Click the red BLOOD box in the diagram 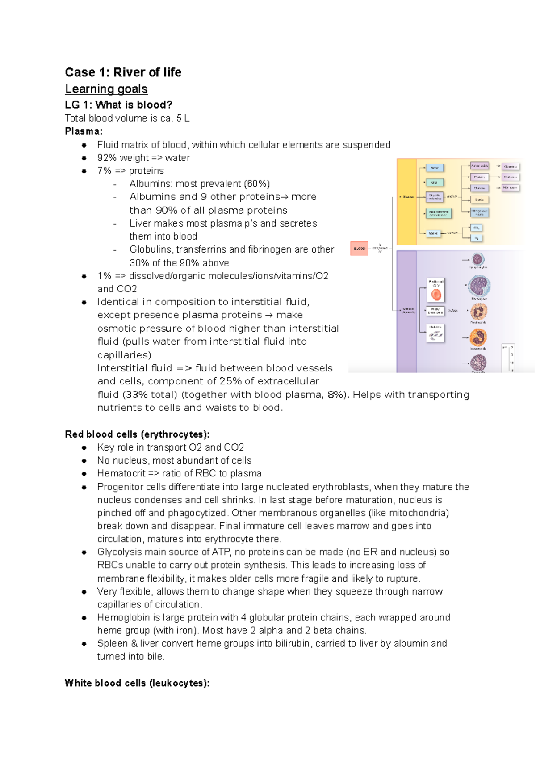[359, 249]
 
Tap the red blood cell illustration [436, 294]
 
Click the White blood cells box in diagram [435, 311]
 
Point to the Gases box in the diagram [433, 233]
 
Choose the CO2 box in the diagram [477, 228]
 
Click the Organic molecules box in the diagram [435, 197]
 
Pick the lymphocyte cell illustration [478, 259]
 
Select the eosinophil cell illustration [478, 337]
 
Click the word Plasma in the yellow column [408, 197]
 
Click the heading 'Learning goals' [106, 89]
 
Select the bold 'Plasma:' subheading [84, 131]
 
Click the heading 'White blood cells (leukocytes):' [137, 683]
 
